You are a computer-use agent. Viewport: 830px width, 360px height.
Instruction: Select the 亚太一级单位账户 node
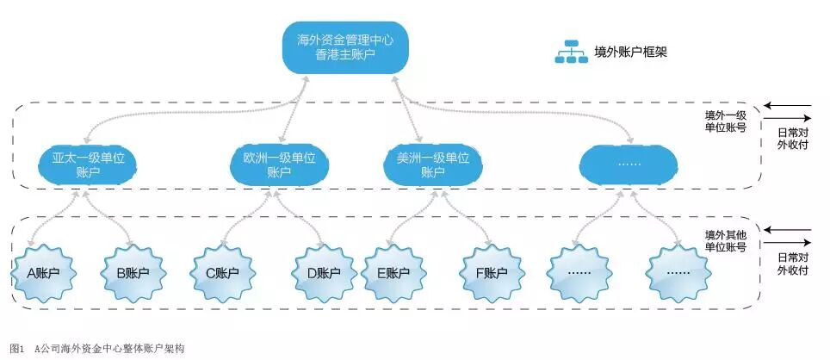coord(88,165)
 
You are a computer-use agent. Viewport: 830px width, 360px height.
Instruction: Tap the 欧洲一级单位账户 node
coord(274,165)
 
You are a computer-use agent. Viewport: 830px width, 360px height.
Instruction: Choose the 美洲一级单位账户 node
coord(427,165)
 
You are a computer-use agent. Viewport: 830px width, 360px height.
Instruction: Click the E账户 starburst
coord(392,273)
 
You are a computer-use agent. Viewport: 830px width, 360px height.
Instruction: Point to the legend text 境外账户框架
coord(631,52)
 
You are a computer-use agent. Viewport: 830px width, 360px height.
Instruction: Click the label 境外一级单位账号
coord(725,121)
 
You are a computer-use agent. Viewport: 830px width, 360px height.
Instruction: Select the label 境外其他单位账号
coord(725,239)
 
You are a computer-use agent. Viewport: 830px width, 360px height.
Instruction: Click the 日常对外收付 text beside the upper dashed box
coord(792,140)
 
